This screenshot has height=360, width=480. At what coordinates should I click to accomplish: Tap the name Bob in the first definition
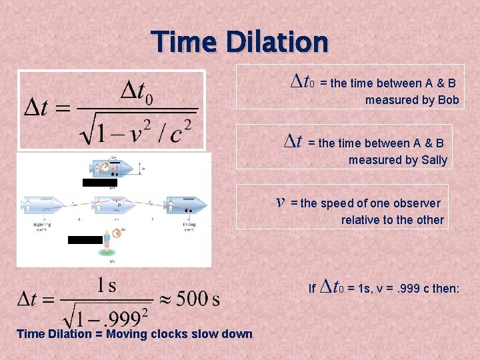click(x=448, y=100)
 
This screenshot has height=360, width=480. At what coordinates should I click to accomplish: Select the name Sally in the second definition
click(x=434, y=160)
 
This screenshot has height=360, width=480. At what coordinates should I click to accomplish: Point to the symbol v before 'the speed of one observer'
click(x=281, y=201)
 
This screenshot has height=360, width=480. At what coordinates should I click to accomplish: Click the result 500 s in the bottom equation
click(x=198, y=298)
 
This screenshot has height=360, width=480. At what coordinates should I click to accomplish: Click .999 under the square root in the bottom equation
click(x=120, y=312)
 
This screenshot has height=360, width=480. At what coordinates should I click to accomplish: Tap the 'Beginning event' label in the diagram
click(x=33, y=227)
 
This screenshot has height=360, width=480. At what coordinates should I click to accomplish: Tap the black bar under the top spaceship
click(x=99, y=182)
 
